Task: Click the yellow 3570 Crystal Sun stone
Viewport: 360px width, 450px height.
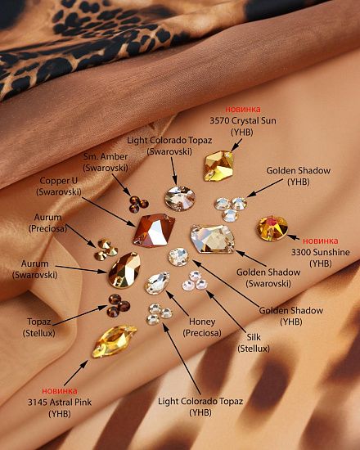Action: coord(218,166)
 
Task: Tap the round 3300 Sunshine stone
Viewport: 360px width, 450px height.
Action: coord(272,228)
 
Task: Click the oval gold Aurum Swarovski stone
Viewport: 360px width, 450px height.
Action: coord(124,270)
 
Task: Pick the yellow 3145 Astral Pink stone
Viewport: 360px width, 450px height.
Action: coord(114,341)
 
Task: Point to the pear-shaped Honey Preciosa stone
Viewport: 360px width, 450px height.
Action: coord(157,283)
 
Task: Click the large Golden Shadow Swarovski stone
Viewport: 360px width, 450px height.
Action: coord(212,239)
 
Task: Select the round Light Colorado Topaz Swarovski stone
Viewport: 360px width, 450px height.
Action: coord(180,198)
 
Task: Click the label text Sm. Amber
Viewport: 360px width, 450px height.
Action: coord(106,157)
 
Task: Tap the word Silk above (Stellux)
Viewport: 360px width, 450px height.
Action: coord(254,337)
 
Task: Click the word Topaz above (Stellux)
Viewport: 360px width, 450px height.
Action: coord(39,322)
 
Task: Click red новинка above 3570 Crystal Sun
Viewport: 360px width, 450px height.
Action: coord(243,110)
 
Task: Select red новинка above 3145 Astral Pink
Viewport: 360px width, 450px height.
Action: coord(60,391)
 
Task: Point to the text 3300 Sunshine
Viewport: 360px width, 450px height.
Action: coord(321,252)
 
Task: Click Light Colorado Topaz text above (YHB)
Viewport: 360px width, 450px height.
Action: coord(200,401)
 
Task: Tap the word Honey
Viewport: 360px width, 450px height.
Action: coord(202,322)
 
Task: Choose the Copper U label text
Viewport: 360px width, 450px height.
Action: coord(59,181)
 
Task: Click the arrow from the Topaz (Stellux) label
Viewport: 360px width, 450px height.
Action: coord(80,315)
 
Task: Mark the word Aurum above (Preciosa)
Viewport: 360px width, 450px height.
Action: coord(48,218)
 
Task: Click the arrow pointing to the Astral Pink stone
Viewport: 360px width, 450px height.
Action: coord(76,373)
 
